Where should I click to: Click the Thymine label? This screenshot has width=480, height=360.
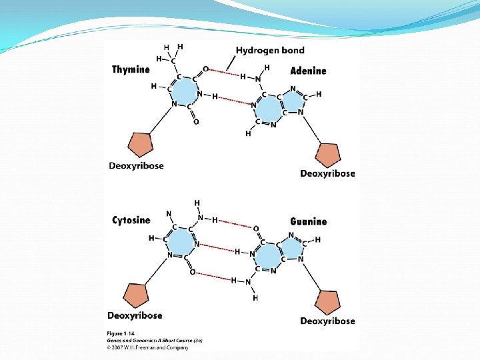pos(131,69)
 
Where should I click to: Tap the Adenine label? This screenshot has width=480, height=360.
pos(308,71)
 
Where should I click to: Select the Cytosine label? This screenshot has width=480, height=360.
pos(131,220)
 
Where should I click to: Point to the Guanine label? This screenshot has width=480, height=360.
pos(309,221)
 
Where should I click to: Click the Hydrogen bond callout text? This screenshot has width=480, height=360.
pos(270,50)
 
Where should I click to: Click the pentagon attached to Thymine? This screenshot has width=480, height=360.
pos(141,144)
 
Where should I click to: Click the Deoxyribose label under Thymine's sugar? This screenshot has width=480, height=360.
pos(136,166)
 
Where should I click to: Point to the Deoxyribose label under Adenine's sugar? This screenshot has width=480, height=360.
pos(327,173)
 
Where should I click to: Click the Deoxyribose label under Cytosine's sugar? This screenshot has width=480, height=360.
pos(135,315)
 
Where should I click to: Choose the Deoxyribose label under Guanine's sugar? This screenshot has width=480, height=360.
pos(327,321)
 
